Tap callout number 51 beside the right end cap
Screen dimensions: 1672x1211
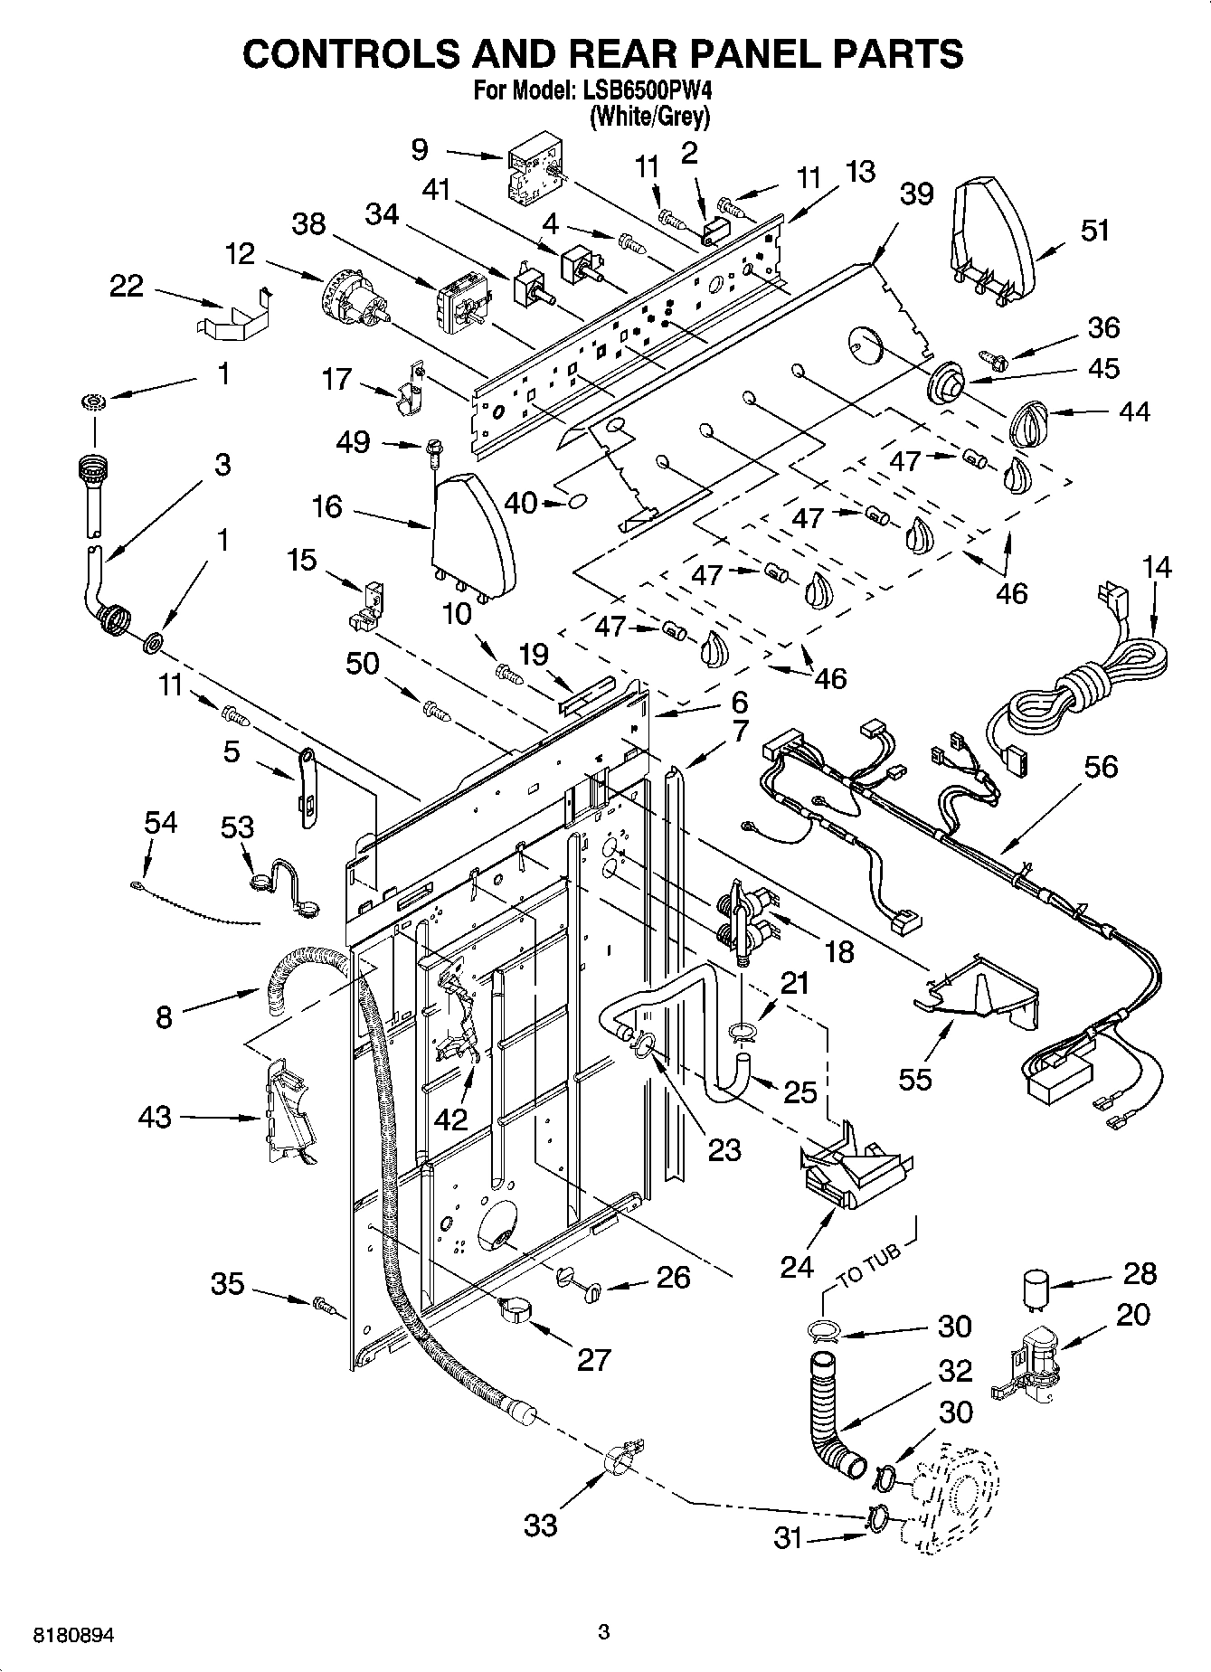click(1094, 231)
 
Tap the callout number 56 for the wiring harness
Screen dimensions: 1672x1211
click(1100, 767)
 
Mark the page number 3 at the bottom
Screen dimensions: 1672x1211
click(604, 1632)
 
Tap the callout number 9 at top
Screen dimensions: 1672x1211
click(419, 149)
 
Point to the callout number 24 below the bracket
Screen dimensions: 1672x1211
click(797, 1266)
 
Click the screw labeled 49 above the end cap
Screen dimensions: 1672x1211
click(434, 449)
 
